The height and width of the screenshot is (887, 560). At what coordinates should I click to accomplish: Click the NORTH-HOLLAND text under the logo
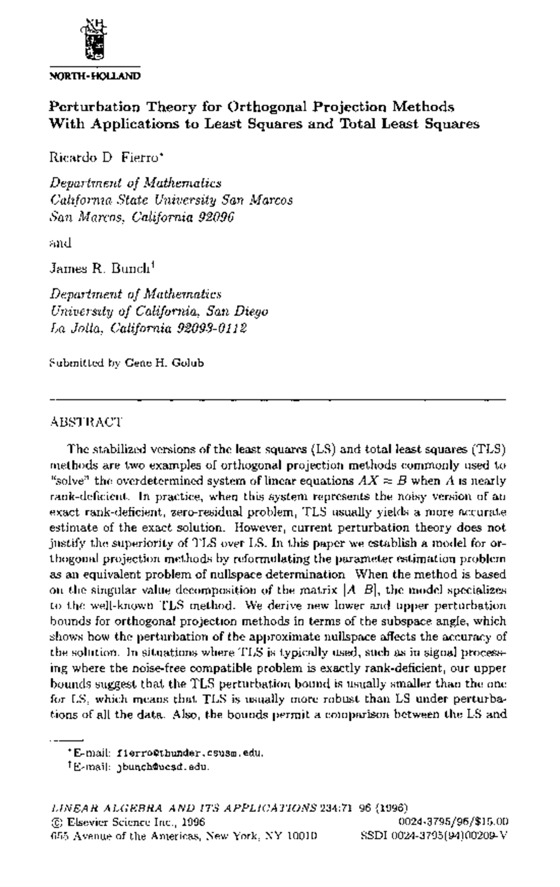(95, 76)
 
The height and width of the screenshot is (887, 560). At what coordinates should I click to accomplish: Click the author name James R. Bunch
(102, 269)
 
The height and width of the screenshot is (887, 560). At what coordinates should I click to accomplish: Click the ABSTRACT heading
(86, 422)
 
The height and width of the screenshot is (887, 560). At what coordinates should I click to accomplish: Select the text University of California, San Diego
(159, 311)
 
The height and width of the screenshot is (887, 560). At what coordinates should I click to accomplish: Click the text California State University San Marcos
(171, 200)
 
